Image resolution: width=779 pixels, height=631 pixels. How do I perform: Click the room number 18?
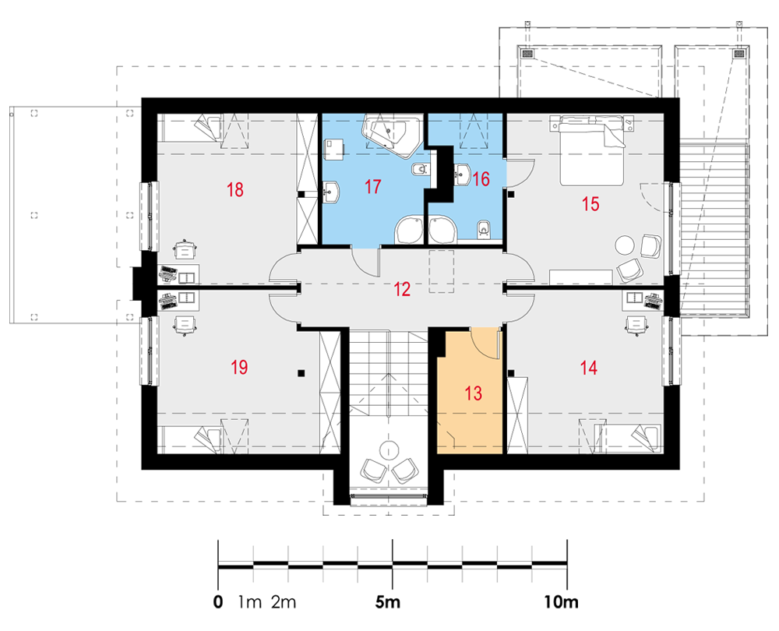[x=235, y=190]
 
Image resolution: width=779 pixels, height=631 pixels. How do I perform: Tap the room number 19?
[x=239, y=368]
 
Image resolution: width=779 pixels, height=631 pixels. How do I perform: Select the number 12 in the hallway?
[x=402, y=289]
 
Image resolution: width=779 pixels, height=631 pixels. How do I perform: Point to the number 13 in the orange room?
[x=474, y=393]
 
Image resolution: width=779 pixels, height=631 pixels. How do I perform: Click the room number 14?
[x=589, y=368]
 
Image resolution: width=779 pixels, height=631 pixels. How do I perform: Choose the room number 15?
[x=590, y=203]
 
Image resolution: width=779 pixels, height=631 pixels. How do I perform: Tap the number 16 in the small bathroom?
[x=481, y=179]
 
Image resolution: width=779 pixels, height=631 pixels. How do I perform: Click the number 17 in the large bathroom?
[x=372, y=187]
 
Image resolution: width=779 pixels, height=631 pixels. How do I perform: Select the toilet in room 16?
[x=483, y=228]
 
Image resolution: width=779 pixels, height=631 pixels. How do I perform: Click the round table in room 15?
[x=625, y=245]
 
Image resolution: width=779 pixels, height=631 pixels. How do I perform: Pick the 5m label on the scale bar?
[x=387, y=602]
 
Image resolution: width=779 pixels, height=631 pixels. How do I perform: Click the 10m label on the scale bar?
[x=562, y=602]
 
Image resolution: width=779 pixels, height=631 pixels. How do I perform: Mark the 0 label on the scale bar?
[x=218, y=602]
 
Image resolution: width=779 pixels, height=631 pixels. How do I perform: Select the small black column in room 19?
[x=301, y=372]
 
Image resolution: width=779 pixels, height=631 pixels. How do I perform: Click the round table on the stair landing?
[x=389, y=450]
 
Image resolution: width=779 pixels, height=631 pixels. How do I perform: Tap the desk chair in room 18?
[x=185, y=248]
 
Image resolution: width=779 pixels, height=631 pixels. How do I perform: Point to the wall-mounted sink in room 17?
[x=331, y=192]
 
